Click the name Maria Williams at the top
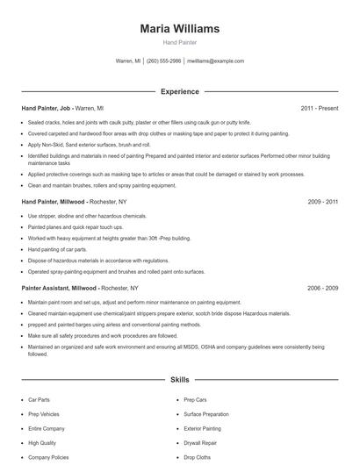[179, 29]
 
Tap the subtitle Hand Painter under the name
[179, 42]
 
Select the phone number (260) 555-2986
[163, 61]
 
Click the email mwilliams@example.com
[216, 61]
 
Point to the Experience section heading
[179, 91]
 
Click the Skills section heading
[179, 380]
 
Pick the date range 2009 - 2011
[322, 202]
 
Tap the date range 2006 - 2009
[322, 288]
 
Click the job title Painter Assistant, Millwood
[60, 288]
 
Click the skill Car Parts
[39, 399]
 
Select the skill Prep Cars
[195, 399]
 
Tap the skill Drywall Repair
[200, 443]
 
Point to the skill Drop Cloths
[197, 457]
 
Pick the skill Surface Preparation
[206, 414]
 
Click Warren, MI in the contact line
[128, 61]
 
